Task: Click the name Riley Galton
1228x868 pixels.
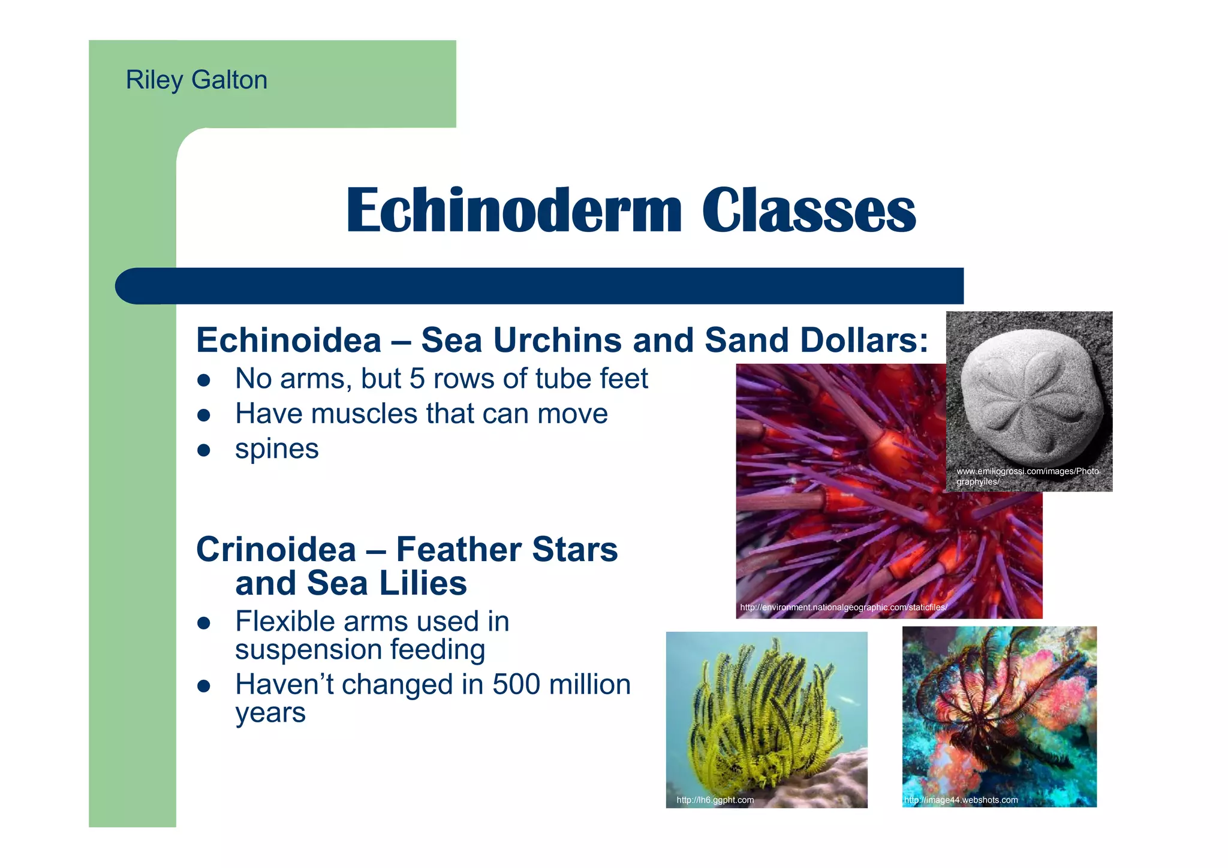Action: [x=196, y=80]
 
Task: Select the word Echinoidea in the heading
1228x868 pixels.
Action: [x=288, y=340]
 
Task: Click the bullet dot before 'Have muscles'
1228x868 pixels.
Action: [x=204, y=415]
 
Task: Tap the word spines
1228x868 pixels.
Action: [x=276, y=449]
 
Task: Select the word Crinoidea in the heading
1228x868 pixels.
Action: [x=276, y=549]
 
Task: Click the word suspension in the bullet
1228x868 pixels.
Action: [x=308, y=650]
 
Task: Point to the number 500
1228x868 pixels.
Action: [x=516, y=685]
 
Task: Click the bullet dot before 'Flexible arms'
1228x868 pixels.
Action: [x=204, y=623]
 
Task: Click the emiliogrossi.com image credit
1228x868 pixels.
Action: [x=1027, y=476]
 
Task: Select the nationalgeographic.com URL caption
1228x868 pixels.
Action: [x=843, y=607]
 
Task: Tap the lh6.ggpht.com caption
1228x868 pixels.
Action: [x=715, y=800]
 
